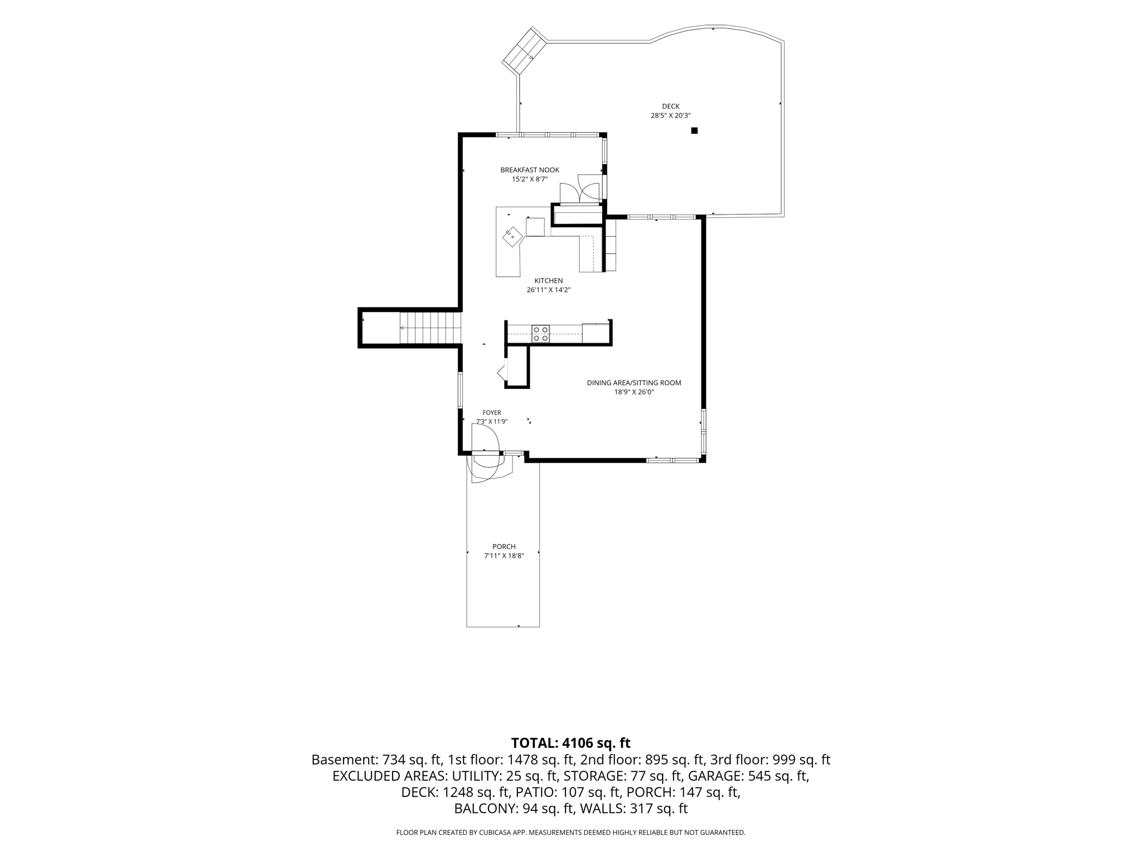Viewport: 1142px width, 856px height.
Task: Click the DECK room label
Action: [x=670, y=106]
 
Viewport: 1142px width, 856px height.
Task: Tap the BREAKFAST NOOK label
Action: [x=530, y=170]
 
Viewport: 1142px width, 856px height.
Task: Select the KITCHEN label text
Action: [x=549, y=281]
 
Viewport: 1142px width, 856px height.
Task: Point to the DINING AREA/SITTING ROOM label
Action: [x=634, y=383]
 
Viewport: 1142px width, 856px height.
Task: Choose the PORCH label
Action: [x=504, y=547]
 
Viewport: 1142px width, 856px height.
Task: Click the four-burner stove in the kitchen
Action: [x=540, y=334]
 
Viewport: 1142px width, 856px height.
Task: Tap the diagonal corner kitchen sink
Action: [x=512, y=236]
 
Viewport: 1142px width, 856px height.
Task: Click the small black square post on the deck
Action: [x=694, y=130]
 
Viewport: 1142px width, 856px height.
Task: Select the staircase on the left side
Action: [x=430, y=328]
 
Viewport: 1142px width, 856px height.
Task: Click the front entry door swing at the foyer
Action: [x=486, y=453]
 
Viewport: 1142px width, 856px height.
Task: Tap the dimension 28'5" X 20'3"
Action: [x=671, y=116]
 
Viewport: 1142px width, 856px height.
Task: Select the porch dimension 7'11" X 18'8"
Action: [x=504, y=556]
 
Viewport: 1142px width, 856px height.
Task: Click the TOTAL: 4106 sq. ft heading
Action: [x=570, y=743]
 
